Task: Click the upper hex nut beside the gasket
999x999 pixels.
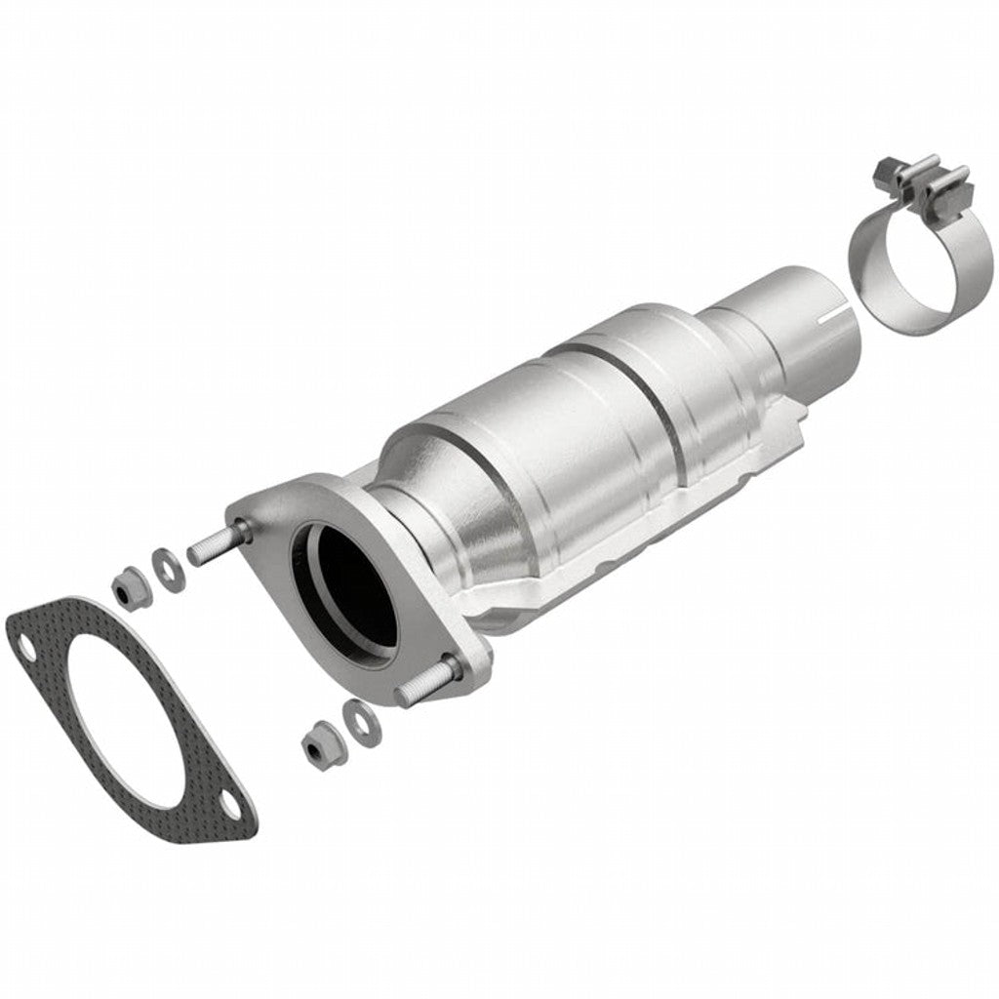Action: pyautogui.click(x=125, y=586)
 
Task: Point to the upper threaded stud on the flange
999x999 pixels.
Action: pyautogui.click(x=213, y=548)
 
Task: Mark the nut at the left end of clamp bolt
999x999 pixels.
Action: pyautogui.click(x=887, y=169)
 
